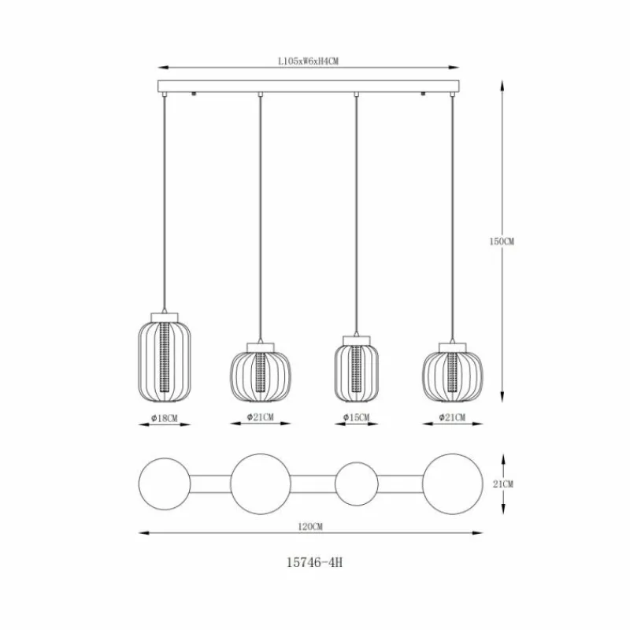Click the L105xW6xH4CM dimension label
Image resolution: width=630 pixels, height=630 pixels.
click(308, 61)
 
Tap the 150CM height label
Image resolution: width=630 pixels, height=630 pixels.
click(502, 242)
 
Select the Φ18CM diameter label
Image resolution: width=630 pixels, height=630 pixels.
click(165, 418)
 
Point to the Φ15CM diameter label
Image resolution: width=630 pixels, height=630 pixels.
click(357, 417)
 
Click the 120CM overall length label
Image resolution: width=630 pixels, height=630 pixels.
click(310, 526)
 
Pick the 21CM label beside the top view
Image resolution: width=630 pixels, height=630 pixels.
click(503, 484)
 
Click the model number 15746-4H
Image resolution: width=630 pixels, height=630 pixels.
click(314, 562)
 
